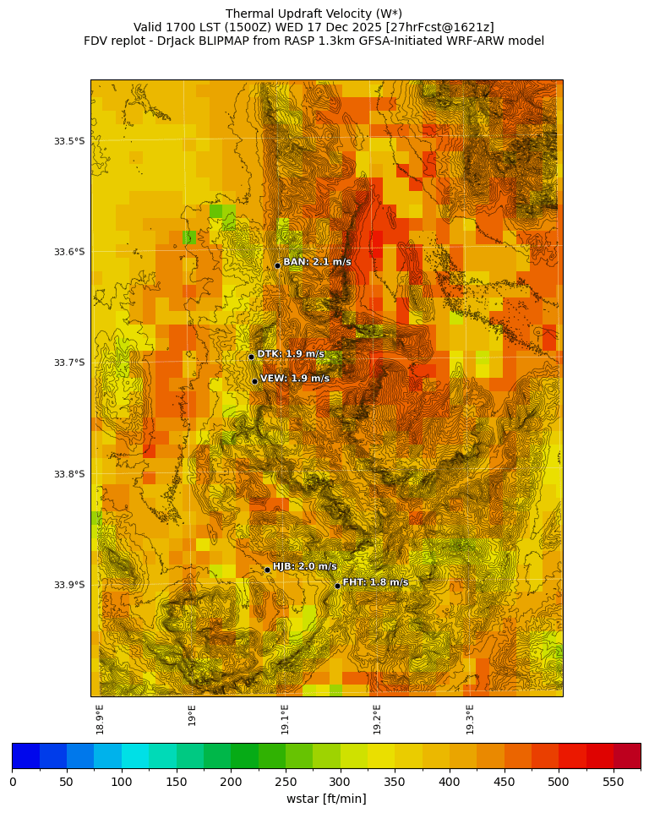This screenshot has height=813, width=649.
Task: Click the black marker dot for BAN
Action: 277,265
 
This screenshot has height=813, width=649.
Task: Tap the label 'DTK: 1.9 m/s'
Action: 291,354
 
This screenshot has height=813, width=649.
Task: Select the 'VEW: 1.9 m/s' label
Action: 295,379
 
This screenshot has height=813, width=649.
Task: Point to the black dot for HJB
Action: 267,570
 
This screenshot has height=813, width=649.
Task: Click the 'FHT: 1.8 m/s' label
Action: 375,582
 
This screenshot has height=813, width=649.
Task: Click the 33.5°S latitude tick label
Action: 69,141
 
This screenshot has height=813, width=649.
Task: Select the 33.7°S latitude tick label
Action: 69,363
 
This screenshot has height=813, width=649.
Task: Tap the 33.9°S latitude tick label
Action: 69,585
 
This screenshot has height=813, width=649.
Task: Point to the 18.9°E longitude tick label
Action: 100,718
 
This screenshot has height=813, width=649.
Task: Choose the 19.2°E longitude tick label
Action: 377,718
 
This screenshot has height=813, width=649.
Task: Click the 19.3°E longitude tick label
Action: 470,718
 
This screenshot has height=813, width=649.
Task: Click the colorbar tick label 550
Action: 613,783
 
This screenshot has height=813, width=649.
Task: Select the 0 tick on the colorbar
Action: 13,783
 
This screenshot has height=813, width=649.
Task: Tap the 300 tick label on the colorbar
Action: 340,783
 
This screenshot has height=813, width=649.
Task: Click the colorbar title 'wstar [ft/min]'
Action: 326,799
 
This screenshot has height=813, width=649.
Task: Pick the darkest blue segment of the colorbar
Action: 25,756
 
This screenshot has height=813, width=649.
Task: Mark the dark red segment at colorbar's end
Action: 626,756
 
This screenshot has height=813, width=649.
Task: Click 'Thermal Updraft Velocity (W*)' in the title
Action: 314,14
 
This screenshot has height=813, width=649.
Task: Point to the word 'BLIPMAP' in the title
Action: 223,41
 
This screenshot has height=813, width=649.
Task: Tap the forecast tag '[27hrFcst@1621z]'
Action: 439,27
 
